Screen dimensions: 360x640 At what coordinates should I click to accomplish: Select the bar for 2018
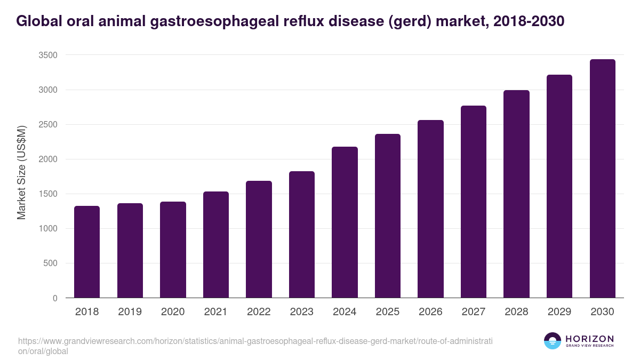tap(87, 252)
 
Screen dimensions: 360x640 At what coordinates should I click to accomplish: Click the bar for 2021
tap(215, 244)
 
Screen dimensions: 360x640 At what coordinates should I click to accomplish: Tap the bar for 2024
tap(345, 222)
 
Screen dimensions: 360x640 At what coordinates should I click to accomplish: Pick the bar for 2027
tap(473, 202)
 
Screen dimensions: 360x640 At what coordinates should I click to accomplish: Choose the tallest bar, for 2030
tap(602, 178)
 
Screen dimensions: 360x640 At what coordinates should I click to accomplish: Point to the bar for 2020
tap(173, 250)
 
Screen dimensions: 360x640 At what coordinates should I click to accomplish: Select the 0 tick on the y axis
tap(55, 298)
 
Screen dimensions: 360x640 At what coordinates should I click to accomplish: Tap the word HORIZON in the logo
tap(590, 339)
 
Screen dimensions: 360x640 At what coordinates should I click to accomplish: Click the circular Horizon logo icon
tap(553, 341)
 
